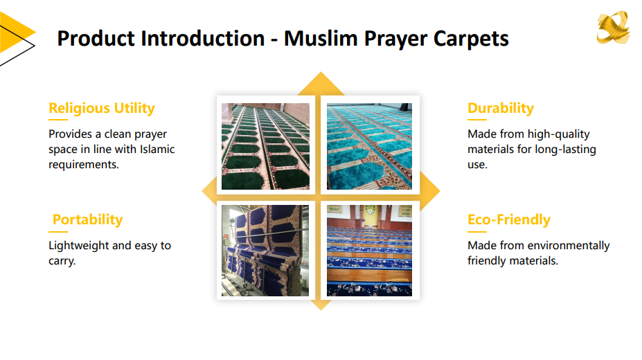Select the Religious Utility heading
point(102,109)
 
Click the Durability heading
point(501,109)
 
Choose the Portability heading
point(88,220)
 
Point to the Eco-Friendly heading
point(509,219)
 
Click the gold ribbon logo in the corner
point(613,27)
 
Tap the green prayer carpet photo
point(265,146)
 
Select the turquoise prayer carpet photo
point(369,146)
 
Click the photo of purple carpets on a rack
point(265,251)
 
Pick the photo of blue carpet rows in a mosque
point(369,251)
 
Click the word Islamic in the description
point(157,150)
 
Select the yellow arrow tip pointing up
point(321,73)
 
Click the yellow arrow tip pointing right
point(440,190)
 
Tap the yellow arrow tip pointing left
point(202,190)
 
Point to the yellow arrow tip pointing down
point(321,310)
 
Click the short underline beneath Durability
point(477,120)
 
